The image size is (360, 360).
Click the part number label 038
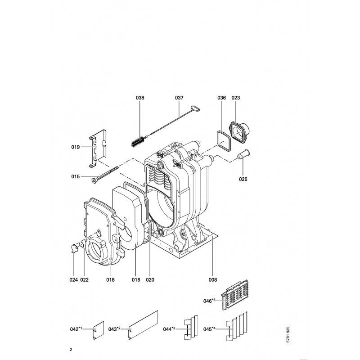click(140, 98)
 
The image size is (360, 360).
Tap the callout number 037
click(179, 98)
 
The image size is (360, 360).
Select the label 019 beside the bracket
click(75, 147)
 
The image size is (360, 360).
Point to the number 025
click(243, 179)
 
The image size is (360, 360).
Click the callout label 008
click(212, 279)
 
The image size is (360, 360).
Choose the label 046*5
click(209, 301)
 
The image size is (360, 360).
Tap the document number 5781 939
click(288, 334)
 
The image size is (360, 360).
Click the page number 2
click(71, 350)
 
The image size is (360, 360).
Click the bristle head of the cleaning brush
click(138, 141)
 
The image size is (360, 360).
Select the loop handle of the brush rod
click(195, 108)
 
